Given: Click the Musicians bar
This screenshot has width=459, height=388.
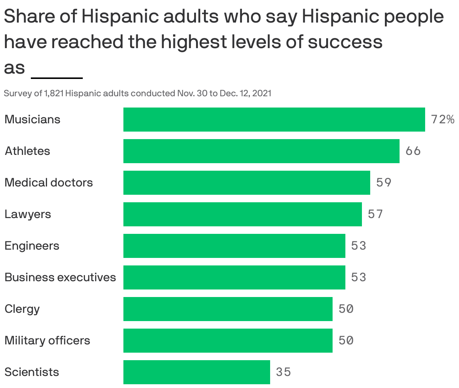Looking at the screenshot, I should point(274,120).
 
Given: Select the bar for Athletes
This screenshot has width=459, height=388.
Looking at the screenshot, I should point(261,151).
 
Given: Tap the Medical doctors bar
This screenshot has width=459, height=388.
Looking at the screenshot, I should point(246,183).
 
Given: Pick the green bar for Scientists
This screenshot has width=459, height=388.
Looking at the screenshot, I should point(196,372).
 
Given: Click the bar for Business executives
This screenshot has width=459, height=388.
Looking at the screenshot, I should point(234,277).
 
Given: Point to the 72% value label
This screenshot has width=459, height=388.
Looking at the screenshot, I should point(442,120).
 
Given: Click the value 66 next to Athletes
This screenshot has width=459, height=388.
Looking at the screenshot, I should point(413,151).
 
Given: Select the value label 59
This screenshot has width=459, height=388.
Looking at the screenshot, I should point(384,183).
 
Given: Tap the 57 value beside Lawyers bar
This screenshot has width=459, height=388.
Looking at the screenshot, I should point(375,214).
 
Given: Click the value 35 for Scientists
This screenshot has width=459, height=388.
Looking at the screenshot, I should point(284,372).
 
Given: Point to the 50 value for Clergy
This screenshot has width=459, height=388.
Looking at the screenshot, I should point(346,309).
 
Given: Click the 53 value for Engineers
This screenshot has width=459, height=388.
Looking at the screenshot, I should point(359,246).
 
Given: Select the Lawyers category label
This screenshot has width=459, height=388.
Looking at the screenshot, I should point(28,214).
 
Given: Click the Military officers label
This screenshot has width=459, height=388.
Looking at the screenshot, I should point(47,341).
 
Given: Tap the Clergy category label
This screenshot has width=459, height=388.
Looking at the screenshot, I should point(22,309).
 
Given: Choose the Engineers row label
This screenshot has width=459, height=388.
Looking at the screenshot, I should point(32,246).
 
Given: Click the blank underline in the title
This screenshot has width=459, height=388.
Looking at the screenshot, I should point(57,77).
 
